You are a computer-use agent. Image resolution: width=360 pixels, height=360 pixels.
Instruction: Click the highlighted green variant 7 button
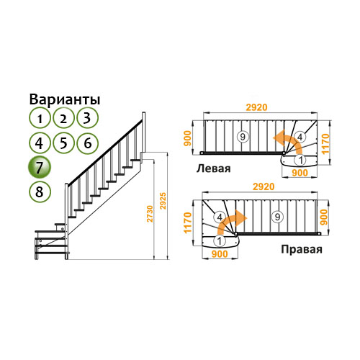click(40, 167)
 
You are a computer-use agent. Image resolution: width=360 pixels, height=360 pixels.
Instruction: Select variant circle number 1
click(40, 118)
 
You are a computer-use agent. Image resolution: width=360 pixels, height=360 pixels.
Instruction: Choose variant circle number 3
click(87, 118)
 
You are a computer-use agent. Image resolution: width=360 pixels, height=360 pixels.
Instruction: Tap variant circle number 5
click(63, 143)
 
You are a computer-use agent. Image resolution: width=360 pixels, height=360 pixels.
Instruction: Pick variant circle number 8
click(40, 192)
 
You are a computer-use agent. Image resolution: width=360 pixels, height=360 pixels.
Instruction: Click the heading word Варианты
click(65, 99)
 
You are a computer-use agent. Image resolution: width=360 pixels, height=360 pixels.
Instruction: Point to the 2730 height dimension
click(150, 214)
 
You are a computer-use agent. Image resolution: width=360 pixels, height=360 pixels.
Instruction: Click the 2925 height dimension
click(163, 201)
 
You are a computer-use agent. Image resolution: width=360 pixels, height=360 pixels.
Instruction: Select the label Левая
click(213, 168)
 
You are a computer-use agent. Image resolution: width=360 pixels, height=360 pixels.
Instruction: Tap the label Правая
click(302, 250)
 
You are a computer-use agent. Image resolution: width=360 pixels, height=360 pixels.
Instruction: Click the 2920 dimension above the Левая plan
click(256, 107)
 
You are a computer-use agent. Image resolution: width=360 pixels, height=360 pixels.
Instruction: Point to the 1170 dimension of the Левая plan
click(325, 144)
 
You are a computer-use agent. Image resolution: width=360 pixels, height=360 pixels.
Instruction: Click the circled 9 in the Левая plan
click(243, 137)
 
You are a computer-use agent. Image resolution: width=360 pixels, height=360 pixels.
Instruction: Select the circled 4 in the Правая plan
click(220, 217)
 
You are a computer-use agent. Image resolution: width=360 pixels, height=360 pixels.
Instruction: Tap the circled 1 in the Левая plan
click(301, 160)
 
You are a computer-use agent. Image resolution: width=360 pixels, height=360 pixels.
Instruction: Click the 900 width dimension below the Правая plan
click(220, 254)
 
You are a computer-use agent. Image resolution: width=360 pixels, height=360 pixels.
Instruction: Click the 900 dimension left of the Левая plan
click(189, 138)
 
